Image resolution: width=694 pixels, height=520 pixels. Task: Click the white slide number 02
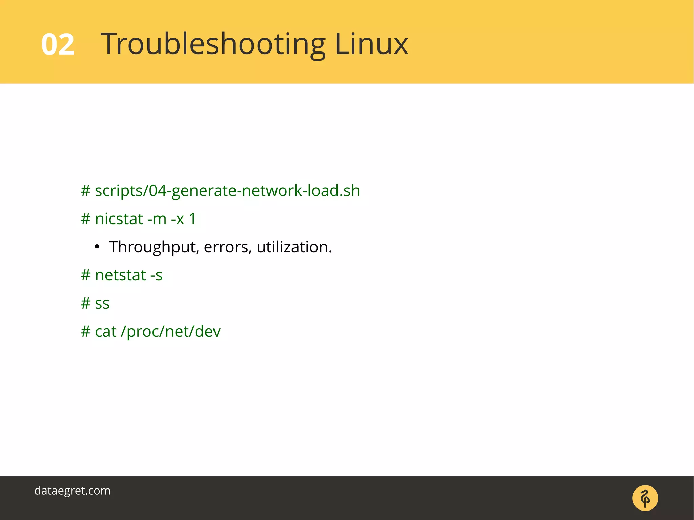point(58,44)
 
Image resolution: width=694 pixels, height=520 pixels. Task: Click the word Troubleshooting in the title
point(213,44)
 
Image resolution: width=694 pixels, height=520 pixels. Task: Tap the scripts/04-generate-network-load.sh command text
point(227,191)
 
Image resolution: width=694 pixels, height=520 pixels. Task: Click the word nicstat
point(119,219)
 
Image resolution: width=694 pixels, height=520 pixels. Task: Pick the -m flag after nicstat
point(157,219)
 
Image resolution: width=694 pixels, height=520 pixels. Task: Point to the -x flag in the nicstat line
point(178,219)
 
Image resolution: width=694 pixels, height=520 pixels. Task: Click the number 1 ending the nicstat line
point(192,219)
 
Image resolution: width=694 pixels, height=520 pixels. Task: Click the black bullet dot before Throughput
point(97,247)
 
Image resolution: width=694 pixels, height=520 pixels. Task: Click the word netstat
point(120,275)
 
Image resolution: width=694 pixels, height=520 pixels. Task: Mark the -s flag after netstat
point(156,275)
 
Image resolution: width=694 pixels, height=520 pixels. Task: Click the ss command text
point(102,303)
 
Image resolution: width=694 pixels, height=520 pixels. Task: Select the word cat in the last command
point(105,331)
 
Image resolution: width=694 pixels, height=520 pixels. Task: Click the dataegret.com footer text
point(73,491)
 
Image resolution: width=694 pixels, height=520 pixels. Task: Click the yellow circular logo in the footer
point(645,498)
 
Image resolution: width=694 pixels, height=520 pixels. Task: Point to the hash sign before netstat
point(85,275)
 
